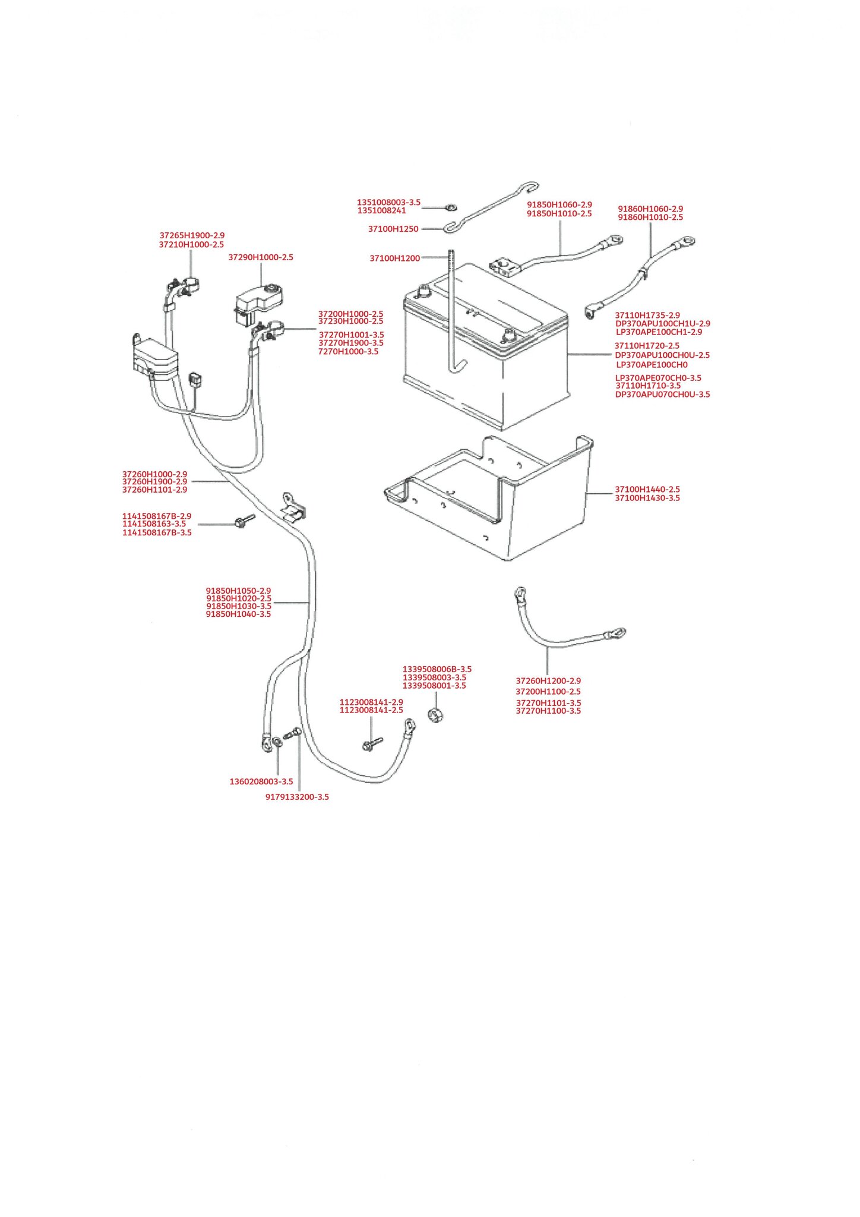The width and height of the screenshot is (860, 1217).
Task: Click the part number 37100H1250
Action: [393, 229]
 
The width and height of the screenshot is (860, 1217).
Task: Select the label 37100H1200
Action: [395, 258]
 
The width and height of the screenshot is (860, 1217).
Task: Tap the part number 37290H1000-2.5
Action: [261, 257]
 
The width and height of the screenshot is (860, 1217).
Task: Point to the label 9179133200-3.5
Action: [297, 797]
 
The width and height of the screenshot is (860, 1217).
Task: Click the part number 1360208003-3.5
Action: [261, 781]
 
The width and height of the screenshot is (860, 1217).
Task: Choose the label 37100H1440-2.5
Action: [647, 490]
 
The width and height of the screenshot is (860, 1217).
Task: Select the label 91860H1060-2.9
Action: [650, 209]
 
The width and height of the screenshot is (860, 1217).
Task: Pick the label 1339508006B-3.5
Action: [437, 669]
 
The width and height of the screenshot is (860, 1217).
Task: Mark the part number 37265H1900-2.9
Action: [192, 235]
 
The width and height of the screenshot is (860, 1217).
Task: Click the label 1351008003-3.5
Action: [388, 203]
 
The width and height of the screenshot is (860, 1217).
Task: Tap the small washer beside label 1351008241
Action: [451, 208]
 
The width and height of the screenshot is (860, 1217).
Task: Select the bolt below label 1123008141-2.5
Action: [372, 743]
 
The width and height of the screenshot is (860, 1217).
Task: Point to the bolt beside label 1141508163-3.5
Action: [244, 522]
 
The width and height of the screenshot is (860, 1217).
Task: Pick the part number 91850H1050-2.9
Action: [238, 591]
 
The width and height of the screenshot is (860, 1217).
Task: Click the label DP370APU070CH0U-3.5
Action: [662, 394]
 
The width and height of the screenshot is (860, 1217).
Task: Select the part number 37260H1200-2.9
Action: [548, 681]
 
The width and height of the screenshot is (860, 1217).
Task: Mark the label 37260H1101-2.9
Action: [154, 490]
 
